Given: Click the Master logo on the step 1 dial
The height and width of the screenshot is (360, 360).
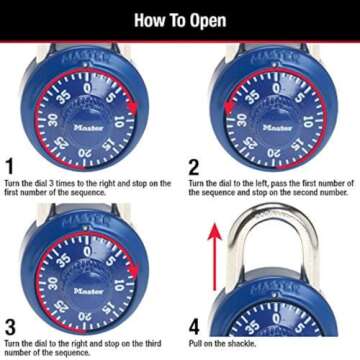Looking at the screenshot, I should pos(87,127).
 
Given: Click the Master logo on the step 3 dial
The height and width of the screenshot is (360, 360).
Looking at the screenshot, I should pos(87,290).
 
